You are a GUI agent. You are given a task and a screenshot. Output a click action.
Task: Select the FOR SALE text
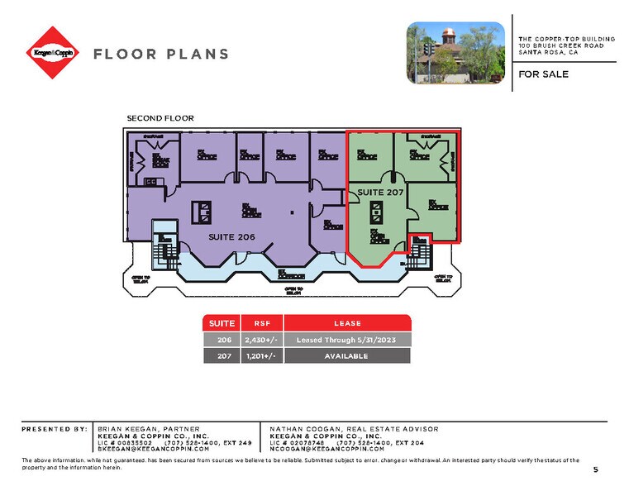click(544, 74)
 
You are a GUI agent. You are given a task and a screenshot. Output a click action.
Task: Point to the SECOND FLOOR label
click(160, 118)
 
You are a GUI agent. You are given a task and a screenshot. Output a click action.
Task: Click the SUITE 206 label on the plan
click(233, 236)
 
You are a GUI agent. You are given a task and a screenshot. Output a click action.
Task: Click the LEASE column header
click(347, 322)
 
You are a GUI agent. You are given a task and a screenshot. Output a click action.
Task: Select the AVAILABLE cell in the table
click(347, 355)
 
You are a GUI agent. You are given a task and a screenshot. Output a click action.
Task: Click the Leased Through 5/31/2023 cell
click(347, 339)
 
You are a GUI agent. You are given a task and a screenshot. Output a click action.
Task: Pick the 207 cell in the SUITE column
click(222, 355)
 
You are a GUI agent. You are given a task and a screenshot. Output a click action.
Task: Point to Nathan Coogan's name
click(302, 429)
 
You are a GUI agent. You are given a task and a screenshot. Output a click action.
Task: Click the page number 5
click(595, 469)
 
